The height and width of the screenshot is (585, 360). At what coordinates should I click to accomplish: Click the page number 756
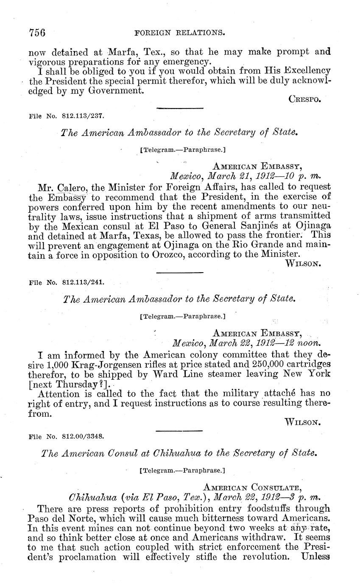(x=37, y=32)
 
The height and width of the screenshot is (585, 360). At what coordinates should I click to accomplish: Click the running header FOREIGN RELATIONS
(x=179, y=32)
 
